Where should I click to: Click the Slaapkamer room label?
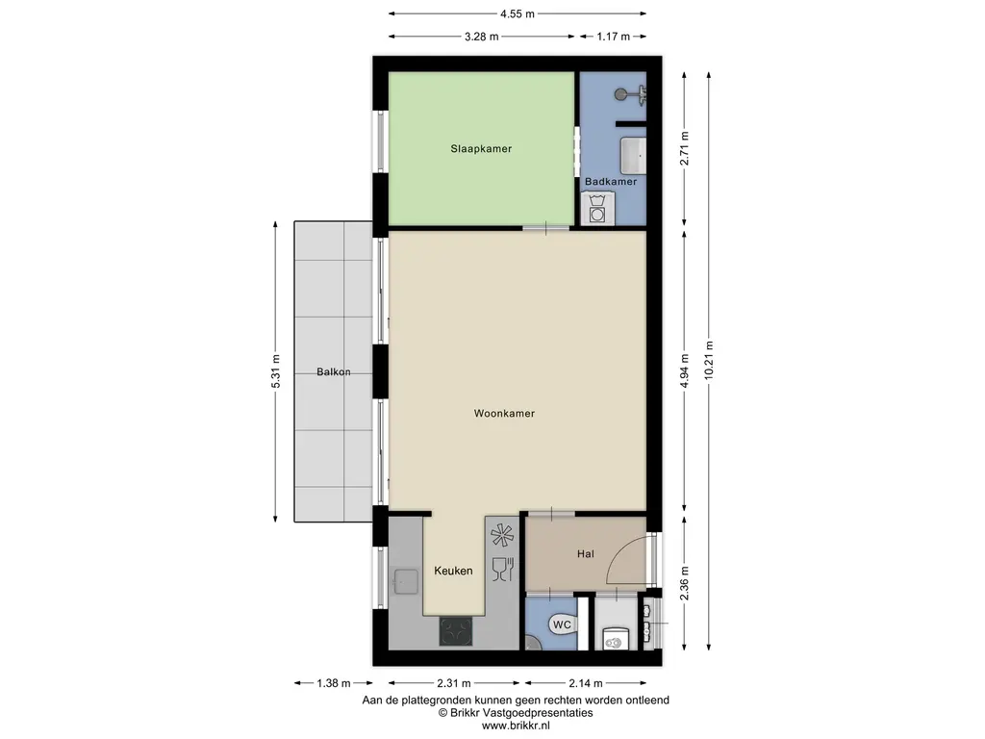click(x=481, y=149)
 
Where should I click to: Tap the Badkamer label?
click(x=611, y=182)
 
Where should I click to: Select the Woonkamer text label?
click(x=504, y=414)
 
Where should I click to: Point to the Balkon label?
click(x=333, y=372)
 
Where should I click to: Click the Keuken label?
click(x=453, y=572)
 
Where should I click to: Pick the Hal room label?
click(x=586, y=554)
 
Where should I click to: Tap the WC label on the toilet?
click(x=562, y=625)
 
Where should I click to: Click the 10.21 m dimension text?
click(x=709, y=360)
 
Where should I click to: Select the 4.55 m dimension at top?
click(x=517, y=13)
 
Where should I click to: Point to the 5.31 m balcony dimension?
click(x=276, y=371)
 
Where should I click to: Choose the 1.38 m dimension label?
click(x=334, y=683)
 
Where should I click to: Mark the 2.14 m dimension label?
click(x=586, y=683)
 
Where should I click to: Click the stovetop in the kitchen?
click(x=455, y=631)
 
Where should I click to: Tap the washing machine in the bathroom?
click(x=597, y=209)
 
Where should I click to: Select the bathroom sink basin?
click(x=633, y=156)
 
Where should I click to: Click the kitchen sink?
click(x=404, y=581)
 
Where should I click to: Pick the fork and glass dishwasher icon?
click(x=503, y=569)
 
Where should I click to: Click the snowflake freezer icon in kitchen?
click(x=502, y=535)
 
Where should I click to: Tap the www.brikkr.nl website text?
click(x=516, y=726)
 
